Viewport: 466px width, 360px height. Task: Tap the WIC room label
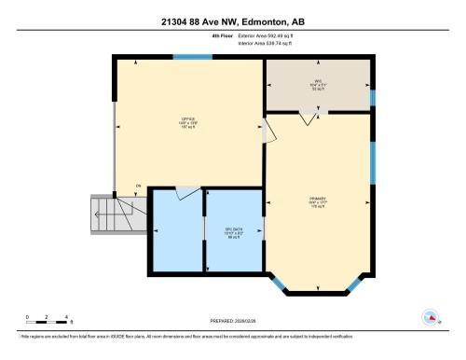[317, 82]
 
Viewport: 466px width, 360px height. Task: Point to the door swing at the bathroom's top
[188, 193]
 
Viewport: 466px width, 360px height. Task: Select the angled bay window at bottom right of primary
[358, 283]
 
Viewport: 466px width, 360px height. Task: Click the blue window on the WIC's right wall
[372, 97]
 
